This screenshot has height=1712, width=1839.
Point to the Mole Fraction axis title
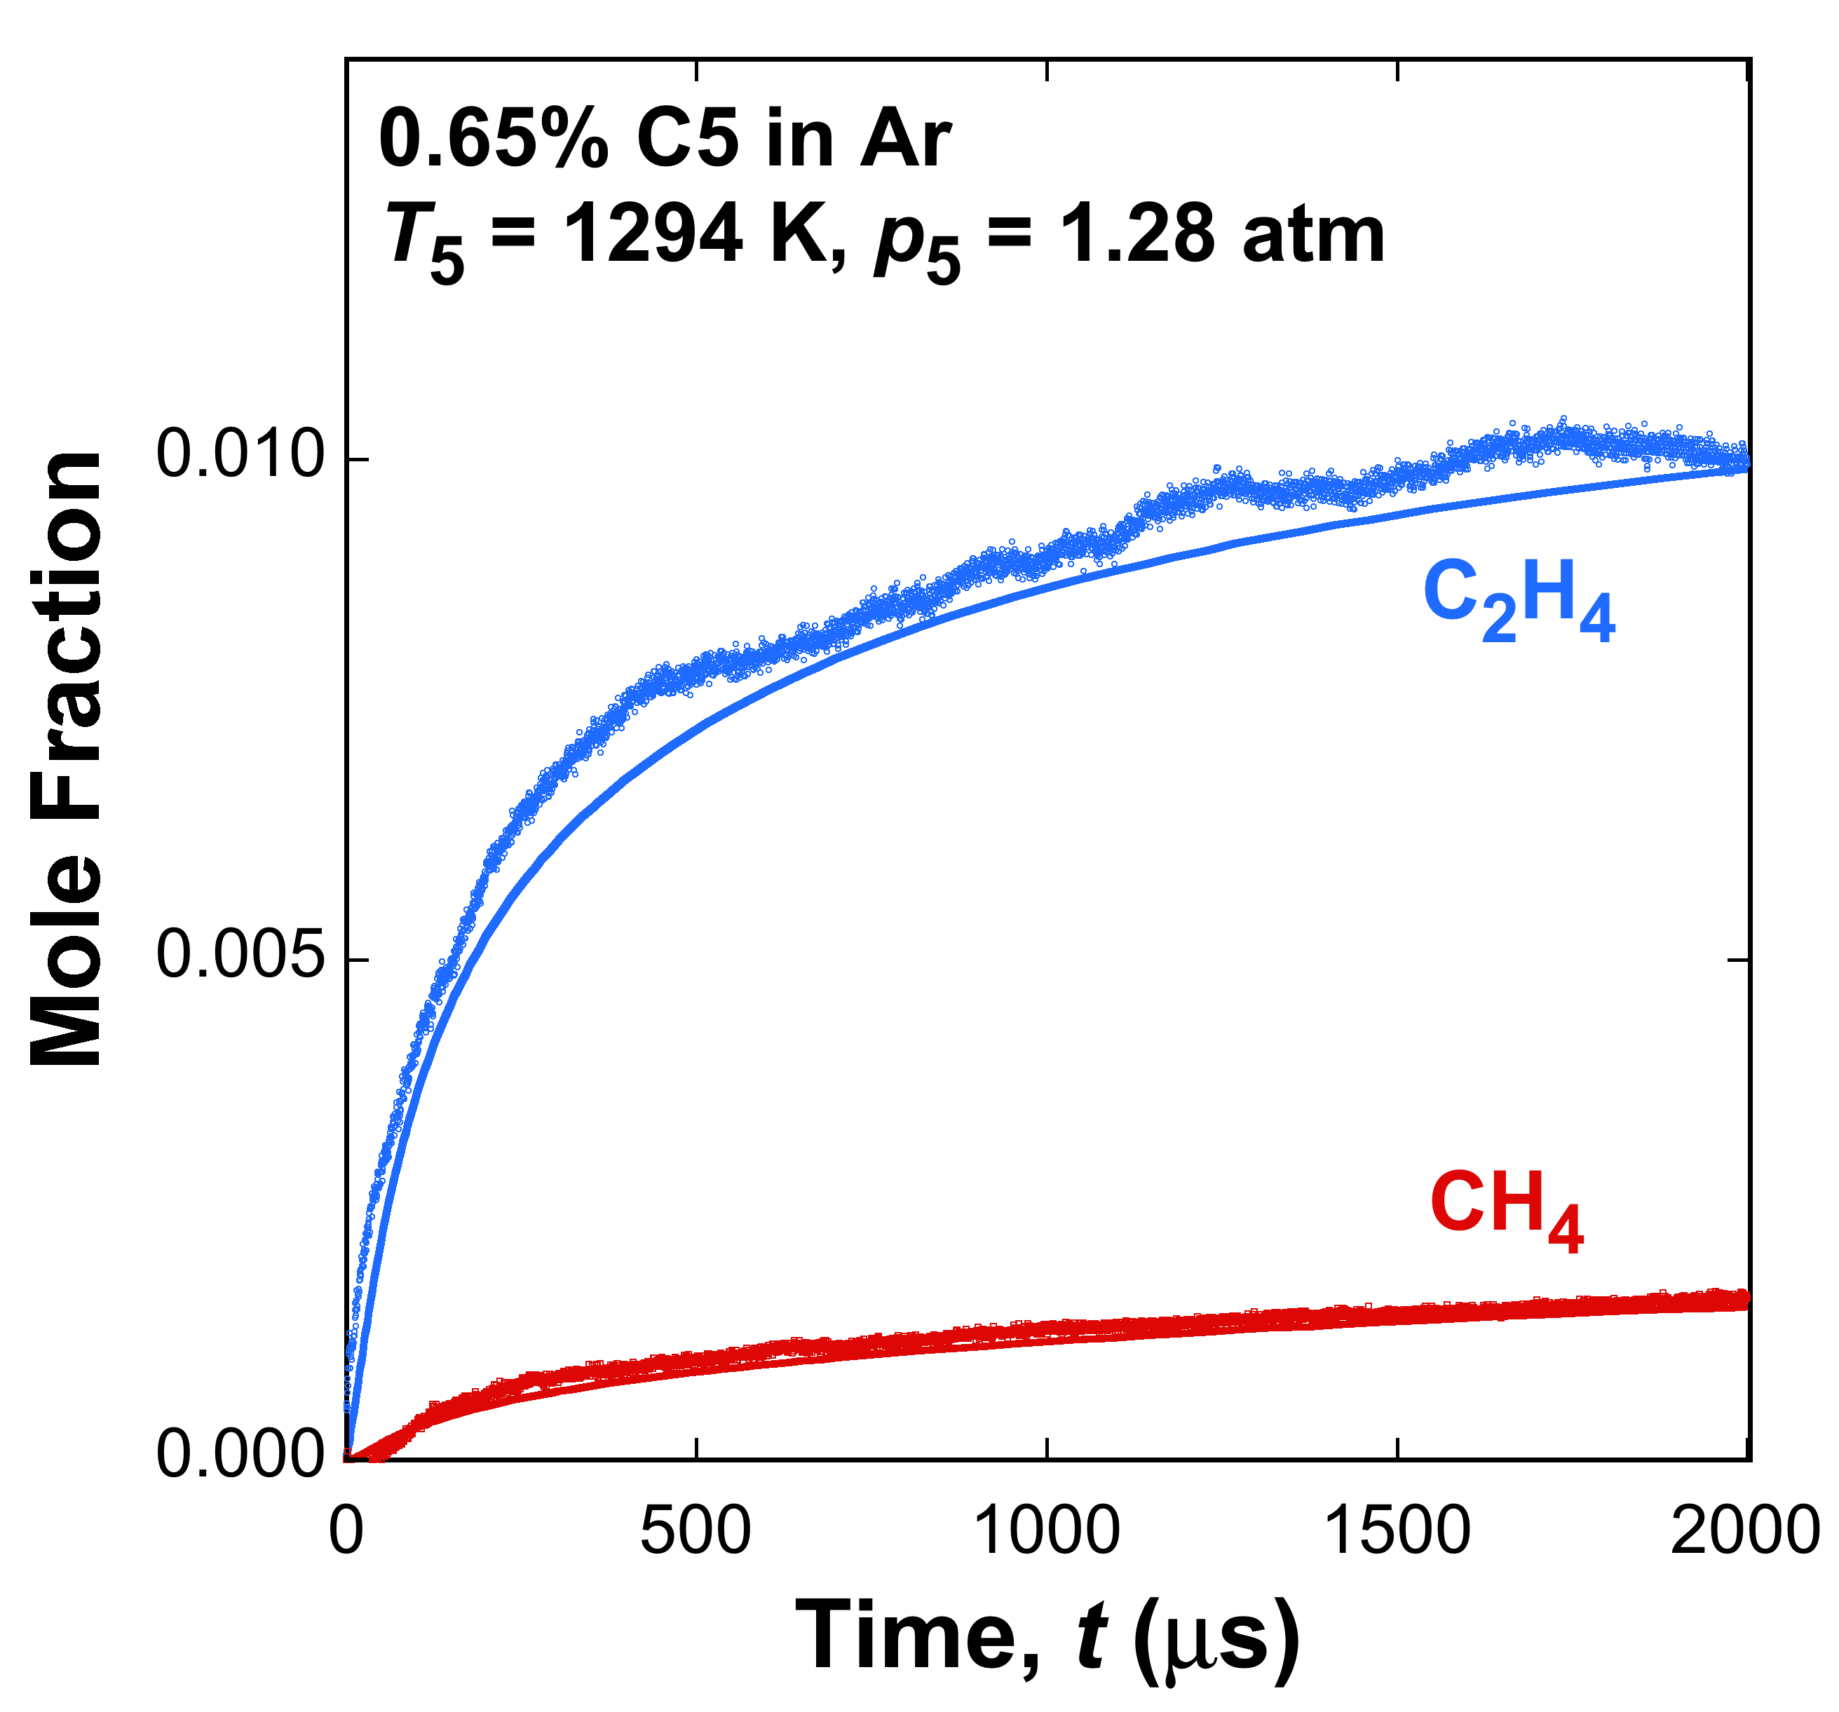click(x=67, y=759)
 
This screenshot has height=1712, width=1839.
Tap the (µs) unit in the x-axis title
click(x=1216, y=1638)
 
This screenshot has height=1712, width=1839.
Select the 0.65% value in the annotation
click(x=493, y=140)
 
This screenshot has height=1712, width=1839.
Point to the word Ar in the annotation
click(x=904, y=140)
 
